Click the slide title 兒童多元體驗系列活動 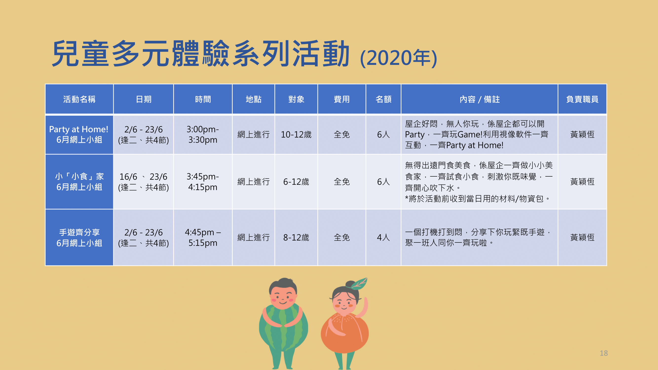coord(201,54)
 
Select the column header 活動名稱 coord(79,99)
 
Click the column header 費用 coord(341,99)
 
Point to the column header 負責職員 coord(582,99)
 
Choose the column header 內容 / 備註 coord(479,99)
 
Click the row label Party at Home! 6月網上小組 coord(79,135)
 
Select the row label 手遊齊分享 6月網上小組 coord(79,238)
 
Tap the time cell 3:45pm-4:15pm coord(203,182)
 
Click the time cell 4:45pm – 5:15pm coord(203,238)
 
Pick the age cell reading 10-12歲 coord(296,135)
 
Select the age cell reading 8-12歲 coord(296,238)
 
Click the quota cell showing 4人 coord(383,238)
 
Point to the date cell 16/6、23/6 coord(143,177)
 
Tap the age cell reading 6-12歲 coord(296,182)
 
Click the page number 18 coord(603,353)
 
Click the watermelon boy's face coord(283,296)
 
